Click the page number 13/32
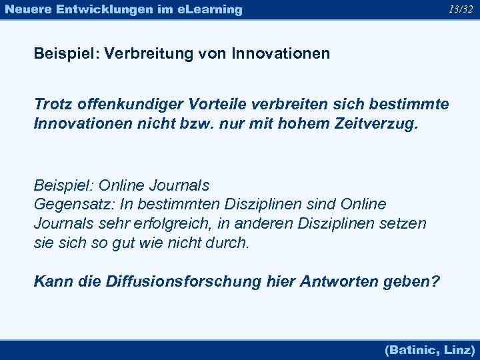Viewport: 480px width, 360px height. pos(461,9)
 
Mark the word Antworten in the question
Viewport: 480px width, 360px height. pos(340,281)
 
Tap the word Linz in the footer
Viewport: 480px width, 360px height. pos(459,349)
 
